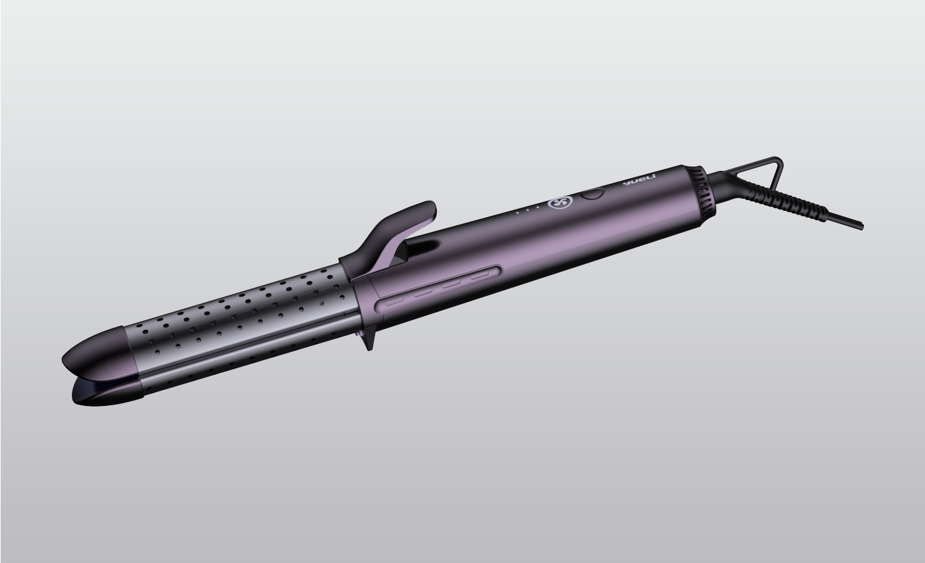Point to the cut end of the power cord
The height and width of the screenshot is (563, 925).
tap(860, 225)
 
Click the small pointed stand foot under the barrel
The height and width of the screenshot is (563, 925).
tap(369, 342)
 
